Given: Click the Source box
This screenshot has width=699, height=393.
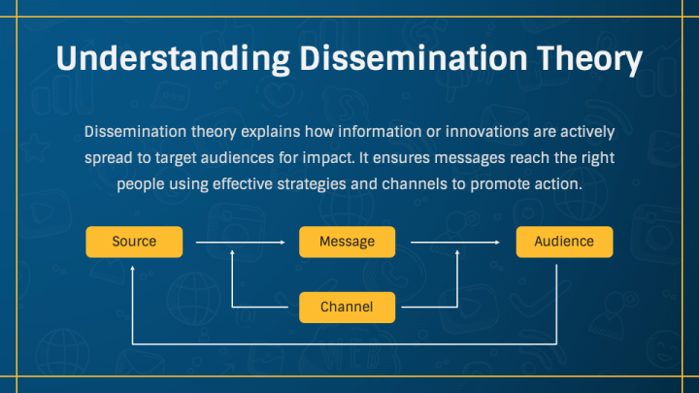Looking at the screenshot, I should click(x=134, y=242).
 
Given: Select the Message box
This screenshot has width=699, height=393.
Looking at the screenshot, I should click(x=349, y=242).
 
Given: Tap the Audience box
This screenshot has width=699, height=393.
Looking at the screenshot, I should click(x=564, y=242).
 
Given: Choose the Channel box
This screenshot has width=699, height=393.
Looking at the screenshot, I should click(x=348, y=308).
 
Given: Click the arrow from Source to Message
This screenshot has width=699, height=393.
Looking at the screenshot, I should click(x=240, y=242).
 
